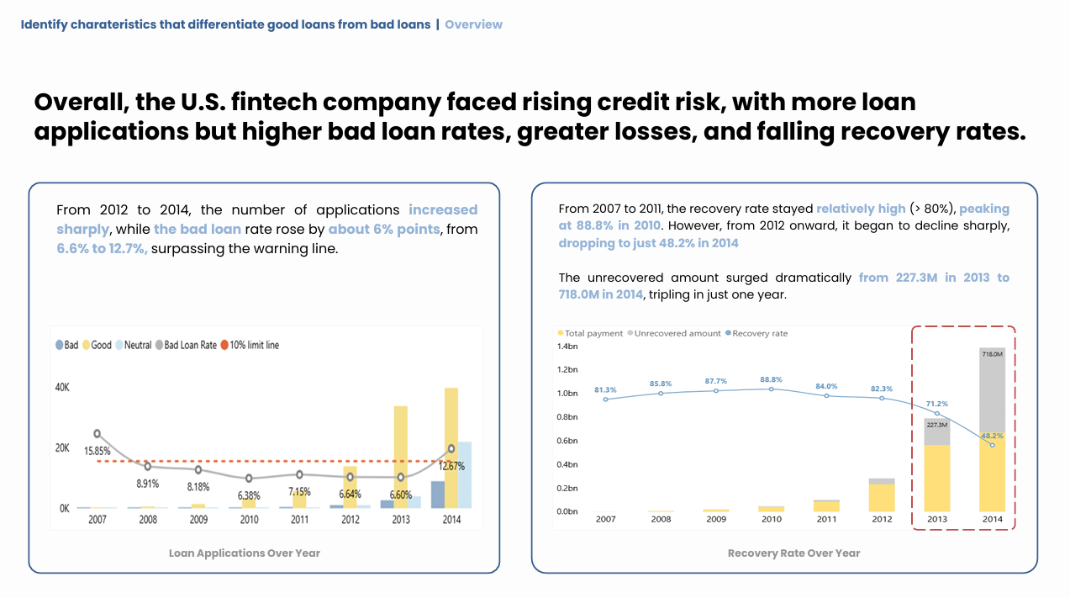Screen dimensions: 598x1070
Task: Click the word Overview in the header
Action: coord(473,24)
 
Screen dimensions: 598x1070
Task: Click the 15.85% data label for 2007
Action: coord(98,451)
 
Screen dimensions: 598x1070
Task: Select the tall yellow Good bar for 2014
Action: coord(451,447)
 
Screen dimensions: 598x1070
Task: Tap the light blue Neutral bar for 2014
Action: coord(465,474)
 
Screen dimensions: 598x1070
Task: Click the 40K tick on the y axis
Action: coord(62,388)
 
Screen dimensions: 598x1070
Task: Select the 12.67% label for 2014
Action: coord(451,466)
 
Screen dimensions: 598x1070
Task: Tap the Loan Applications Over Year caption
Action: coord(245,553)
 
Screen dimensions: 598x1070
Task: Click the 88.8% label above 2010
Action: coord(771,379)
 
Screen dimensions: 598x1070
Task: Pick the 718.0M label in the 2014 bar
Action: coord(992,354)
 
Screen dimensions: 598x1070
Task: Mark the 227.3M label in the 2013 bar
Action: coord(936,425)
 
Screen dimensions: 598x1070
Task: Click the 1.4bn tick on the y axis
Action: coord(567,347)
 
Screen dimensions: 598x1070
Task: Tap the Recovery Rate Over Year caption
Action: coord(793,553)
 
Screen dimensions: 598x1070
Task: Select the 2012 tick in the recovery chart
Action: coord(882,519)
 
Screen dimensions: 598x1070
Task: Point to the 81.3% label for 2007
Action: coord(605,389)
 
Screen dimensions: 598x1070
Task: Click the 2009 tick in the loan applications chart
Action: coord(198,520)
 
